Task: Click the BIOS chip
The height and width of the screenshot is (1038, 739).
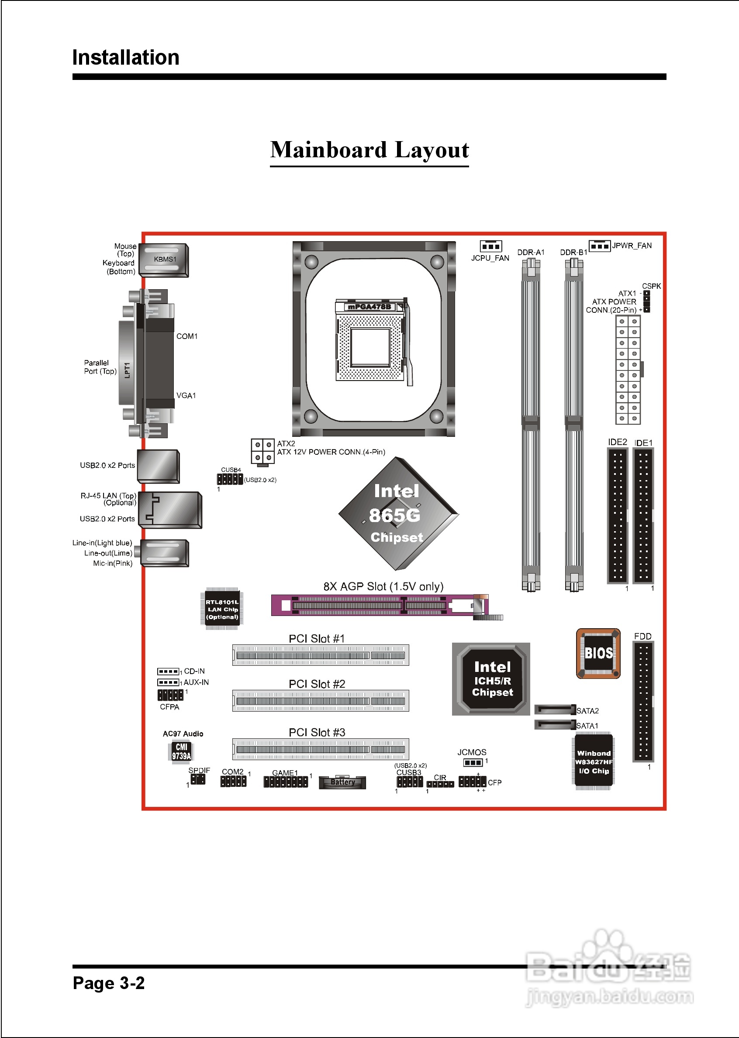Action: [598, 654]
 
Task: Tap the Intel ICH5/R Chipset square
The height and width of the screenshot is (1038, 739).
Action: [491, 678]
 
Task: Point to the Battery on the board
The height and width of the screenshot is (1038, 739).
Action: [342, 782]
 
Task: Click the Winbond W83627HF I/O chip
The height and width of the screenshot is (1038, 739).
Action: [593, 762]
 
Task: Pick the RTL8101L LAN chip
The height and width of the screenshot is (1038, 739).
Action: [222, 609]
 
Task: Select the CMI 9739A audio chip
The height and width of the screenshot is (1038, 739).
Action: [181, 751]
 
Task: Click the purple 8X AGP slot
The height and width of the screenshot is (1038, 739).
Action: [380, 605]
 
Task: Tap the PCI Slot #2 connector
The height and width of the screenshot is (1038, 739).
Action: [320, 701]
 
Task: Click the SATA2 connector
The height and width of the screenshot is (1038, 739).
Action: [555, 709]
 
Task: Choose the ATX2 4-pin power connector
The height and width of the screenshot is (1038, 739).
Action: [262, 451]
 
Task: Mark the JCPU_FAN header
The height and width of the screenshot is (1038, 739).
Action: [490, 246]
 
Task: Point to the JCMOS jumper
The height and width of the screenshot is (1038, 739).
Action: [473, 762]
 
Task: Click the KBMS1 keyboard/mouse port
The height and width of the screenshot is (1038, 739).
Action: [164, 260]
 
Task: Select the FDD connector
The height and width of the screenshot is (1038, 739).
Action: [643, 701]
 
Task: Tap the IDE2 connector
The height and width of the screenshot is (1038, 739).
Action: [617, 515]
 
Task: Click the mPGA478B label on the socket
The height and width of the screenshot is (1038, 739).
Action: [369, 307]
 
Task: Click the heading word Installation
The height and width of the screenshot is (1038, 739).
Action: [126, 58]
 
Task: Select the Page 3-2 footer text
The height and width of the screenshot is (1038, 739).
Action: [109, 983]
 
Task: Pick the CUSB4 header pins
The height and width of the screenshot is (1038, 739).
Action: [230, 479]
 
